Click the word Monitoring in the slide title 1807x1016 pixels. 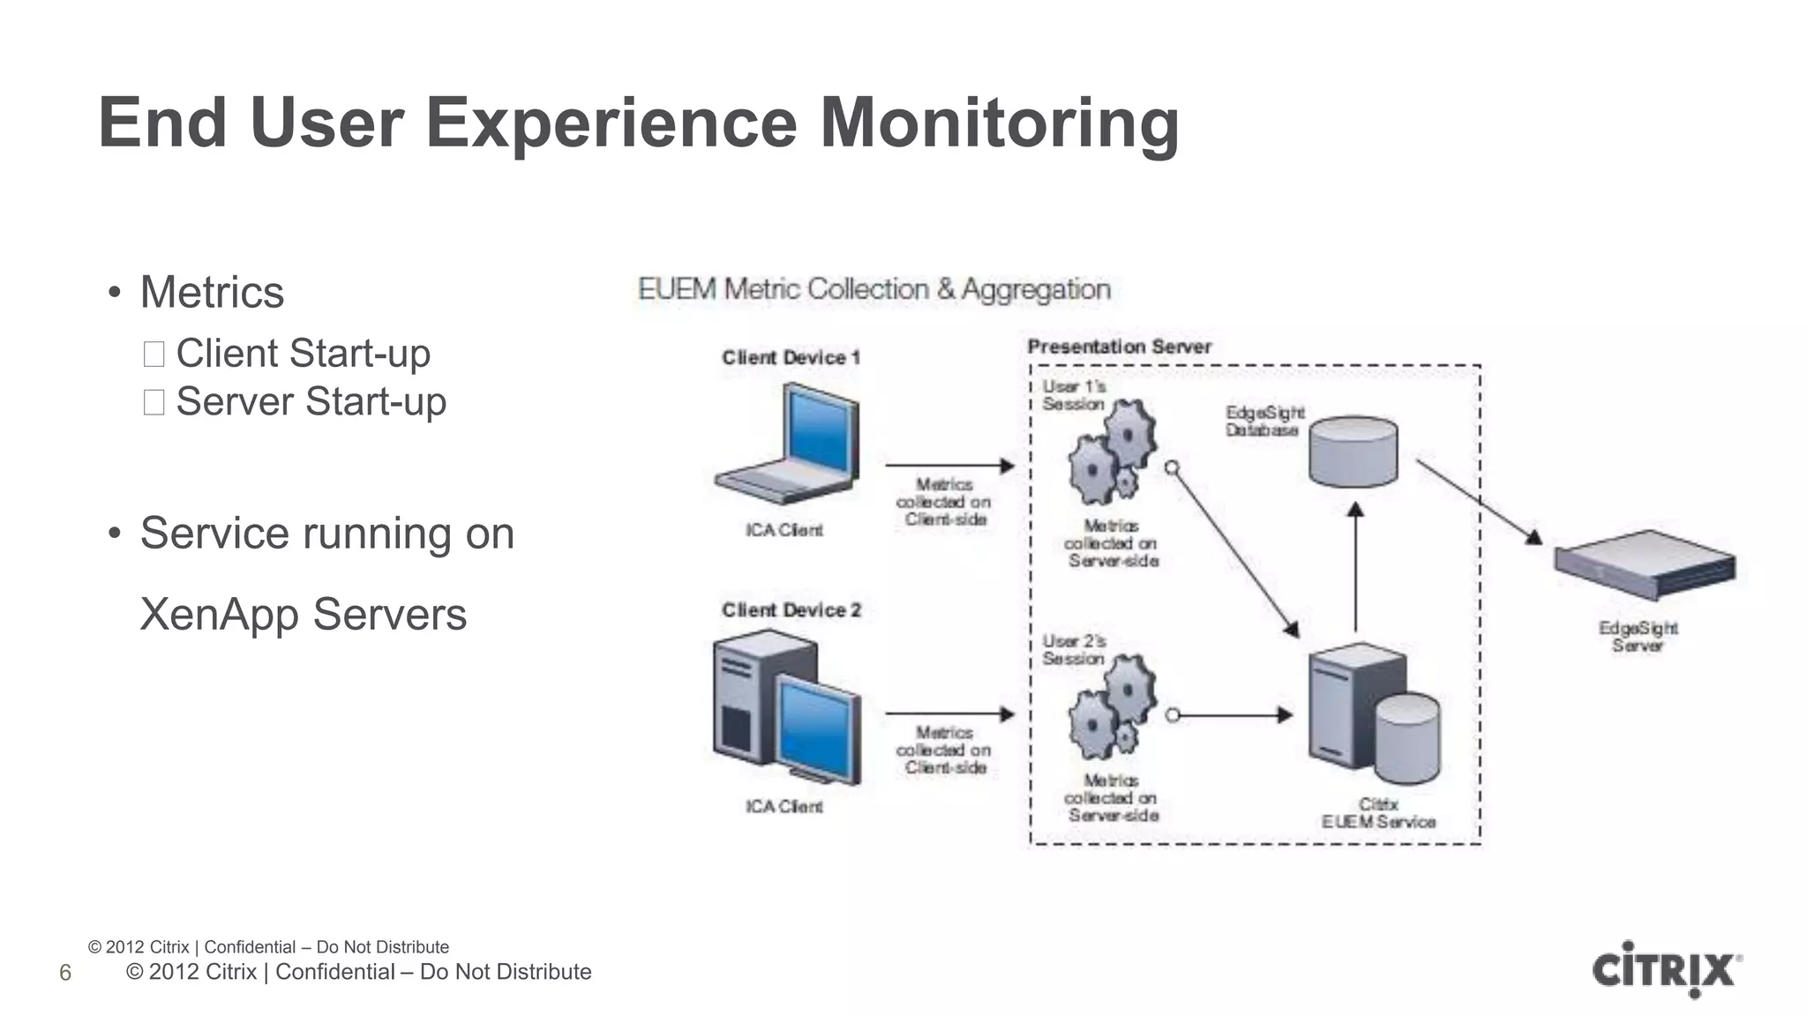tap(999, 123)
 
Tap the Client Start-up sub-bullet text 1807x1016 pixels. tap(303, 354)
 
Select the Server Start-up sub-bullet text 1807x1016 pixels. tap(311, 402)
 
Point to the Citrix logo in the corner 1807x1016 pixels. tap(1666, 970)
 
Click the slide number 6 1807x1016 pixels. tap(65, 973)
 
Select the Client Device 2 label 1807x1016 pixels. tap(791, 610)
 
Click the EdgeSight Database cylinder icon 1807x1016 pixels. tap(1353, 451)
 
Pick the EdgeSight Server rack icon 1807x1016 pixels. tap(1645, 564)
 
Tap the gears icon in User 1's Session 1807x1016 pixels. tap(1111, 451)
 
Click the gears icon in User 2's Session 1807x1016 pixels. tap(1111, 706)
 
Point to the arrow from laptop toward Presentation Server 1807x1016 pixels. tap(949, 465)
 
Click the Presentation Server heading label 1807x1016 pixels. tap(1119, 347)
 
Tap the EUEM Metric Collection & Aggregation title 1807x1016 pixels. tap(874, 289)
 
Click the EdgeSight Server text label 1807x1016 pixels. tap(1638, 636)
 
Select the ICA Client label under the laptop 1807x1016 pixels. tap(784, 530)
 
